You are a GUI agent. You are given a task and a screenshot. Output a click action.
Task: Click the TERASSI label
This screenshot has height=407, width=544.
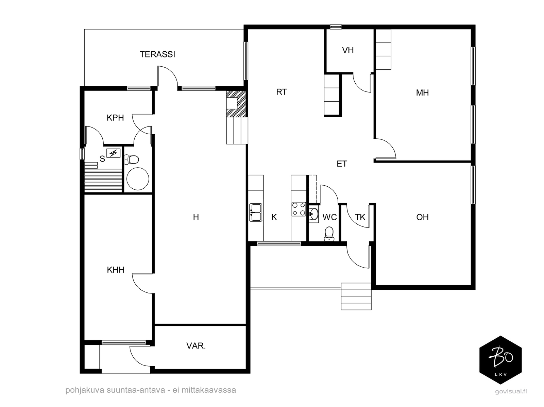pos(157,54)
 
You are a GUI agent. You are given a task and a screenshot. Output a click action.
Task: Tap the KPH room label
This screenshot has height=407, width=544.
pos(115,118)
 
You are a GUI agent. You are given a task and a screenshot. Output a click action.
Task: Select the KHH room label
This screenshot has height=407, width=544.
pos(116,270)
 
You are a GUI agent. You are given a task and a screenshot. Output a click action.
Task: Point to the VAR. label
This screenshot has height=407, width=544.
pos(196,346)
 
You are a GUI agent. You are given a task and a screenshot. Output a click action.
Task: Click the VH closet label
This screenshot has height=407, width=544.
pos(348,50)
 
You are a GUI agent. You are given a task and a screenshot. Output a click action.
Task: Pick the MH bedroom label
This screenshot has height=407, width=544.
pos(422,93)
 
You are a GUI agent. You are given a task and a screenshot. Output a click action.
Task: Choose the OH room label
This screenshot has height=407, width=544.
pos(422,217)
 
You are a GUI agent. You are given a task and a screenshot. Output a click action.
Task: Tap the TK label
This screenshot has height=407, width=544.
pos(360,217)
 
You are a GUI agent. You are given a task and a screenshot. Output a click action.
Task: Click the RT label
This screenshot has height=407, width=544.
pos(282,92)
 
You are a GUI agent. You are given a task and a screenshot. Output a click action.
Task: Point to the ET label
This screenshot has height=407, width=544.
pos(342,164)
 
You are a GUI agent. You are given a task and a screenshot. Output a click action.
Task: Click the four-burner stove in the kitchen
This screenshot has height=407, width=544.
pos(299,209)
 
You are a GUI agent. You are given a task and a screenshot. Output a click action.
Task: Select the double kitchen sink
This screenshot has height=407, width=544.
pos(256,213)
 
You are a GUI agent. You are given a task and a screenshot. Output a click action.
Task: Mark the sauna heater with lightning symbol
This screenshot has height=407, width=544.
pos(113,153)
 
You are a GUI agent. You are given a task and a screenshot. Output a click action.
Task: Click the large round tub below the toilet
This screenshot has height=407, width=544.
pos(138,179)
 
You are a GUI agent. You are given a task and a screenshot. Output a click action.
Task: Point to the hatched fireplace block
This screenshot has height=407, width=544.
pos(236,104)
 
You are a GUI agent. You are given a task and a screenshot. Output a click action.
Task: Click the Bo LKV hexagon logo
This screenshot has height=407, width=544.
pos(500,360)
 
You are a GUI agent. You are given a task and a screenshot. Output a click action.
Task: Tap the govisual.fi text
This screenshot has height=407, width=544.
pos(511,391)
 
